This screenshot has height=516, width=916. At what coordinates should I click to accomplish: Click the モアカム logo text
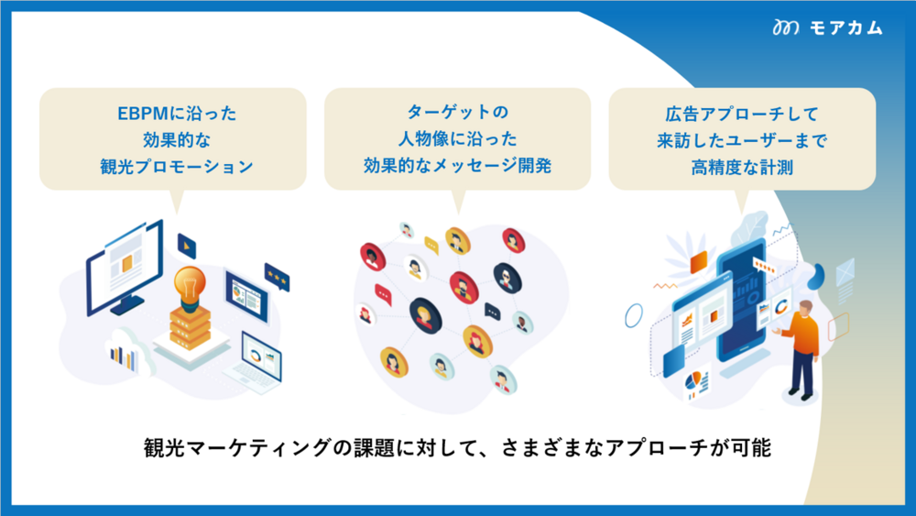pos(845,27)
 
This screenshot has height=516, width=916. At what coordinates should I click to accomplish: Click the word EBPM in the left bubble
pos(143,114)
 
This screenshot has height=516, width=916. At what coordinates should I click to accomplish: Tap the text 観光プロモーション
pos(177,167)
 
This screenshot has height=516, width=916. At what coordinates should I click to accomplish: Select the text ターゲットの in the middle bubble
pos(457,111)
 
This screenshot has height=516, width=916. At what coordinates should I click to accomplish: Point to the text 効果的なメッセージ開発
pos(457,165)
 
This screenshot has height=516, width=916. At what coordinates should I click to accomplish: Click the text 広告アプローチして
pos(742,114)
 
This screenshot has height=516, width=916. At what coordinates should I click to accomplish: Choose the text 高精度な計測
pos(742,168)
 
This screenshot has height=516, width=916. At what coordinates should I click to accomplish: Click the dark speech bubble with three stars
pos(277,277)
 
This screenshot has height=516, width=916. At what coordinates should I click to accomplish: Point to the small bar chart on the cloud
pos(124,357)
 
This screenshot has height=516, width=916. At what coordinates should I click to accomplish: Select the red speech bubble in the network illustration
pos(383,294)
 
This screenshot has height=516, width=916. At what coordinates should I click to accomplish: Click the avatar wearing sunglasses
pos(507,277)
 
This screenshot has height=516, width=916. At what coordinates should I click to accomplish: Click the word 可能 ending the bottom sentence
pos(751,448)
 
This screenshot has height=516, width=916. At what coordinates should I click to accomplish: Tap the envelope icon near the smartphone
pos(845,271)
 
